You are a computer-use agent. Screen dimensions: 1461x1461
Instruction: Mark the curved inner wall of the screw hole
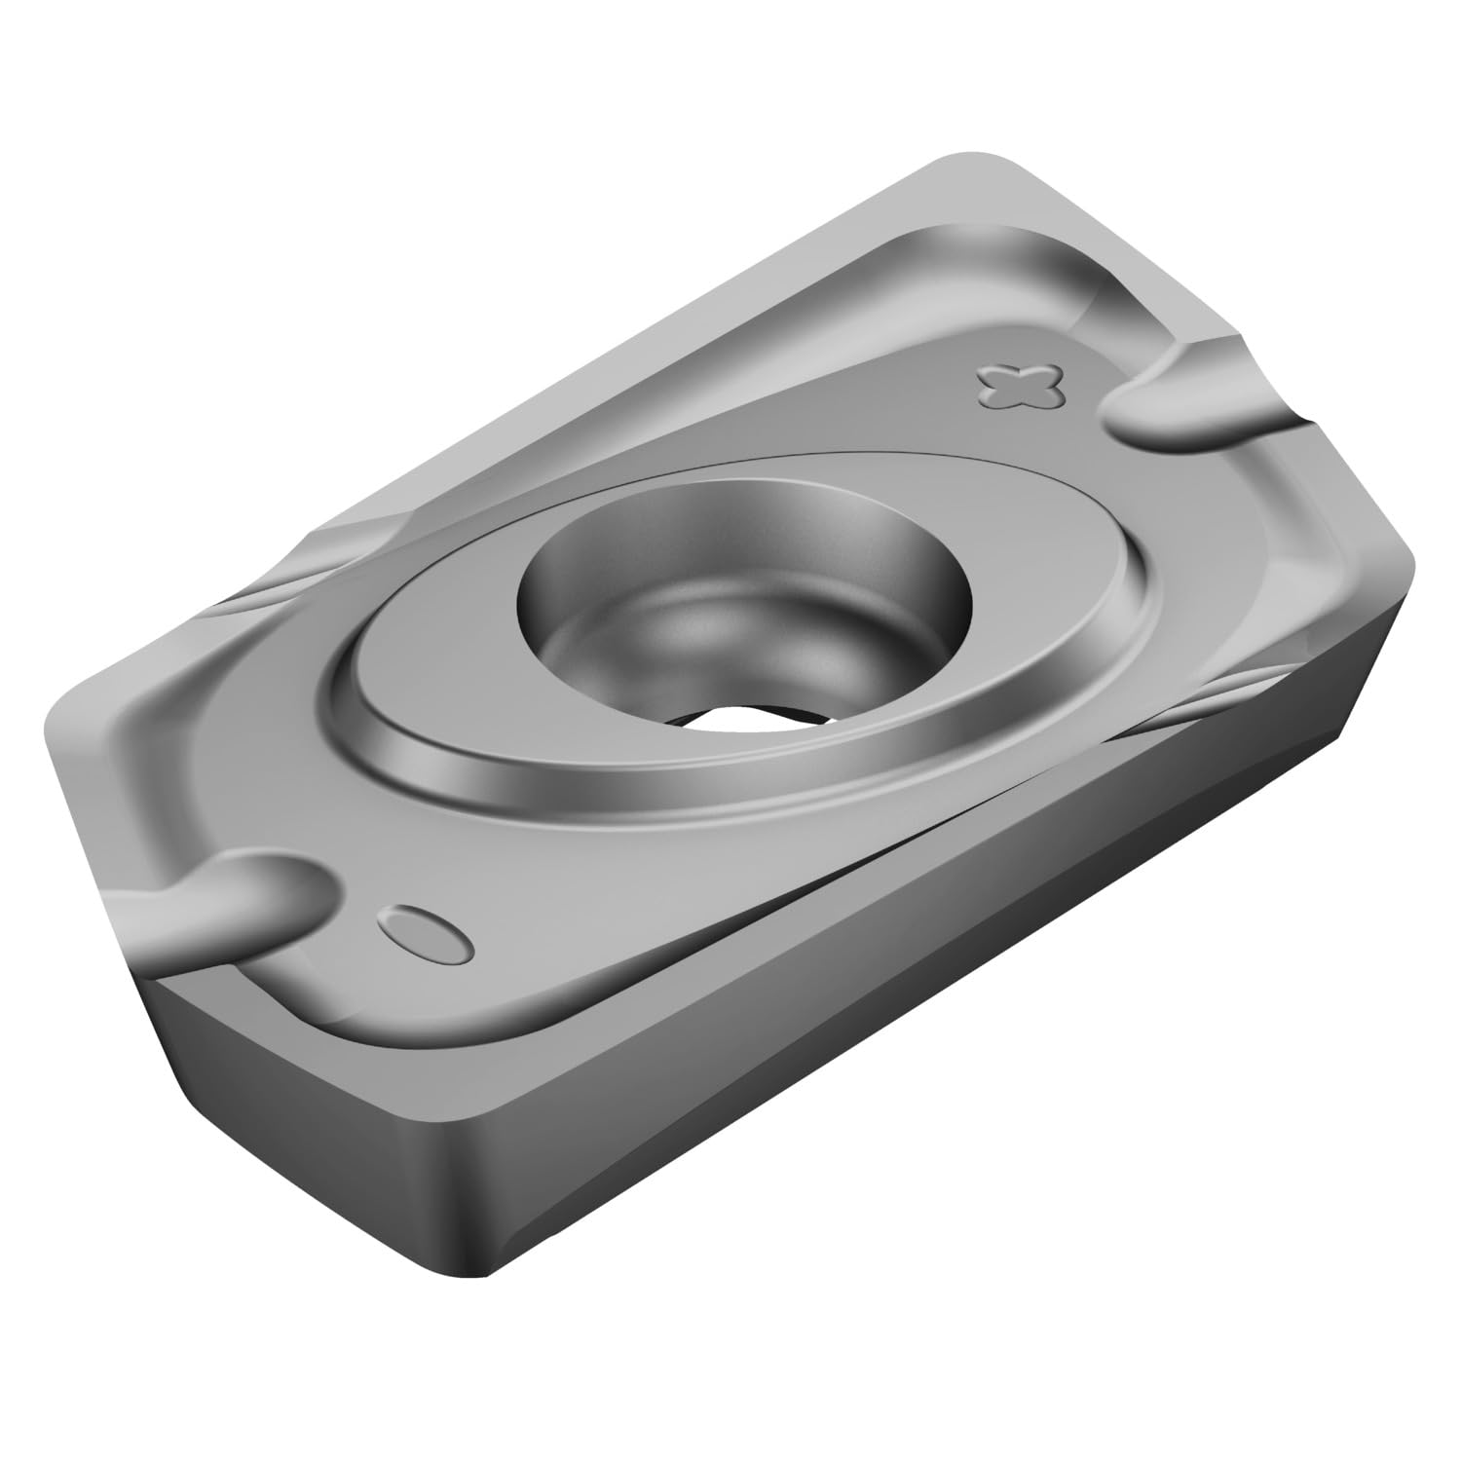[x=623, y=545]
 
